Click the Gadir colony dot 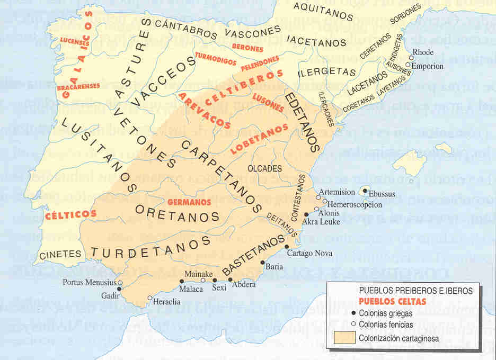coord(119,289)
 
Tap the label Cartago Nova coord(309,253)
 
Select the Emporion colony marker coord(408,65)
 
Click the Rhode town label coord(423,52)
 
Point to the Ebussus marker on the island coord(365,189)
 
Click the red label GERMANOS coord(189,202)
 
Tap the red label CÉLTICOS coord(70,214)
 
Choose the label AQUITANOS coord(323,11)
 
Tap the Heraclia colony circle coord(150,298)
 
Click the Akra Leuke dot coord(306,214)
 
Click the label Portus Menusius coord(89,282)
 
